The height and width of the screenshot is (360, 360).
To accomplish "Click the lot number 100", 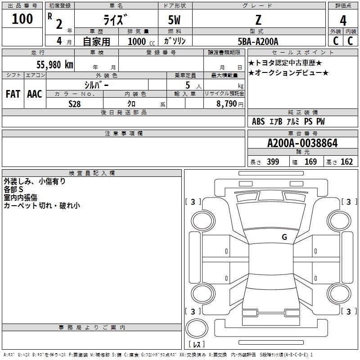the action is (22, 19).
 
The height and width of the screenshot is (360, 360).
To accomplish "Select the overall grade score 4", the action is (343, 21).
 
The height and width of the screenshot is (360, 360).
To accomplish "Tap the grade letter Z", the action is (258, 20).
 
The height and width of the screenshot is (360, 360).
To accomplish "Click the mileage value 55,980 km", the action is (55, 65).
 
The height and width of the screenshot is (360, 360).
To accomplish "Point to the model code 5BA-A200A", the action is (258, 41).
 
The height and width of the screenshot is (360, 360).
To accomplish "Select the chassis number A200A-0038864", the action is (302, 143).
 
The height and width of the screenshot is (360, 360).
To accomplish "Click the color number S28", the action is (75, 104).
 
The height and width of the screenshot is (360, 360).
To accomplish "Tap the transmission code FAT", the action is (13, 94).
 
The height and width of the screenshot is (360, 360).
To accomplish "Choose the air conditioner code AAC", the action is (35, 94).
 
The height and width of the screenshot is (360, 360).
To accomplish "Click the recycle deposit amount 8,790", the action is (226, 104).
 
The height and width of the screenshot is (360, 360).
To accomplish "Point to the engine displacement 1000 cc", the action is (141, 41).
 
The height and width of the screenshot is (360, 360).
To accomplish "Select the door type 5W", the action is (174, 20).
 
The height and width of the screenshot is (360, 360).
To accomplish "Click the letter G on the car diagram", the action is (284, 237).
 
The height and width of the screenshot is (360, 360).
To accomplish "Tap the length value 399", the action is (273, 162).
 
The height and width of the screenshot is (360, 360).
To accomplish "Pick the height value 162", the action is (346, 162).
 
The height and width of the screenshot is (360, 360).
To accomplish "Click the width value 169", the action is (310, 162).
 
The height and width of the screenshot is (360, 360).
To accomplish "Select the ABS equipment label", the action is (258, 121).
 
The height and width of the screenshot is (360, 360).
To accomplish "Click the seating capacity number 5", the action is (188, 85).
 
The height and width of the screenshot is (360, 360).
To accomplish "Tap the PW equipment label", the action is (320, 121).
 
